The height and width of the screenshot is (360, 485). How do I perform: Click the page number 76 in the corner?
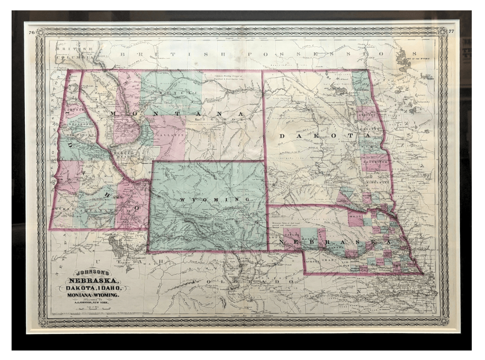31,32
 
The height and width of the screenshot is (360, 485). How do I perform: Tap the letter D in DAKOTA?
282,136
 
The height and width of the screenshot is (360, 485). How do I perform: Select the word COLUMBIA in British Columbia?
69,58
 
